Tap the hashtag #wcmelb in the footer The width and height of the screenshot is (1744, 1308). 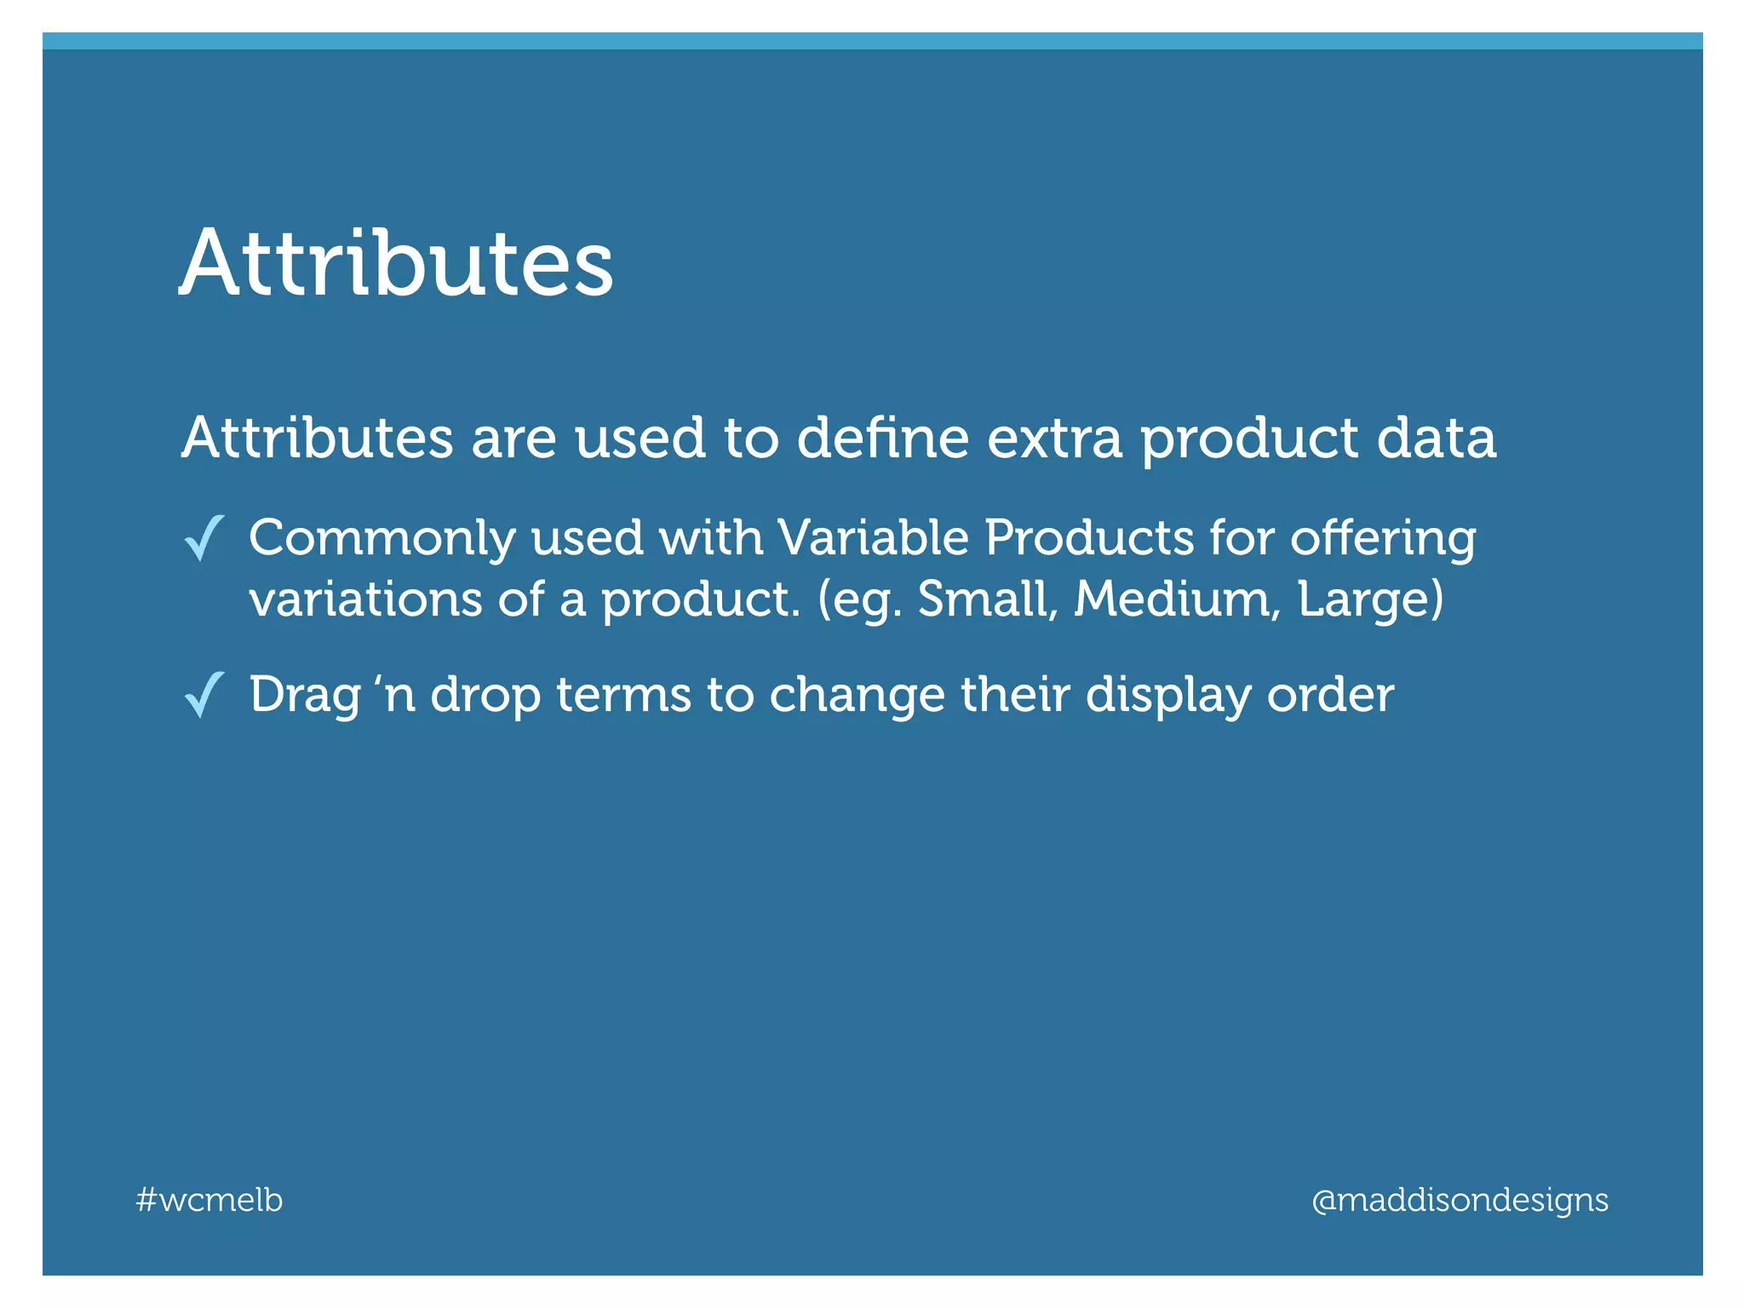(209, 1200)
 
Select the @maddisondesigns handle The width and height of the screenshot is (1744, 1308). (1460, 1200)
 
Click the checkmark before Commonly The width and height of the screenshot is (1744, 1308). (204, 538)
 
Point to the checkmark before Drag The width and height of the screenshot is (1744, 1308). (204, 695)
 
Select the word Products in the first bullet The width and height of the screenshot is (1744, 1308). (1089, 538)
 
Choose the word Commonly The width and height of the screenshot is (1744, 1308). (382, 540)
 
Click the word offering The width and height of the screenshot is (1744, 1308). (1383, 540)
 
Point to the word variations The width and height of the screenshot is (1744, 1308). (365, 599)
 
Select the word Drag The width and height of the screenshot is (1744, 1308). (304, 697)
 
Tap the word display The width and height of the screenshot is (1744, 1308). (1168, 697)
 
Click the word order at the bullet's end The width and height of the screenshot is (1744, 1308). (1330, 695)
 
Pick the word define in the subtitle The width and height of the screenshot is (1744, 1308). (883, 438)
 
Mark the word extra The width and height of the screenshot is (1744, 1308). (1054, 439)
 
